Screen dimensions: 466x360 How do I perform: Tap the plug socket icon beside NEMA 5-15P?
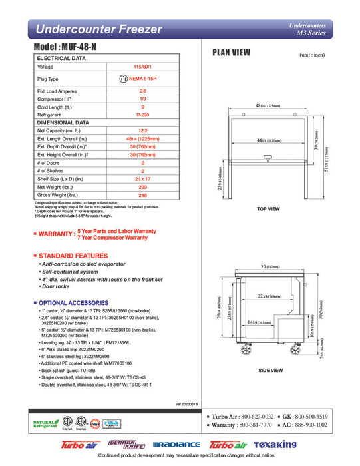click(x=122, y=79)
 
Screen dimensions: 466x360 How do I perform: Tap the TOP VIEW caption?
click(x=268, y=209)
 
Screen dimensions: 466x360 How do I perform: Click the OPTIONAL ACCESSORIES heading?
click(x=72, y=303)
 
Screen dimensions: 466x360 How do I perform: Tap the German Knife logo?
click(x=120, y=444)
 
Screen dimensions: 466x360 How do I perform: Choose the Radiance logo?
click(x=176, y=445)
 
